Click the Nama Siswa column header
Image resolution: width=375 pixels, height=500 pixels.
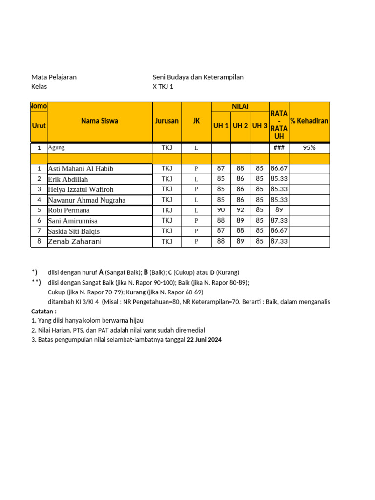point(100,121)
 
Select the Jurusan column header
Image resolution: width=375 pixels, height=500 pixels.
point(167,121)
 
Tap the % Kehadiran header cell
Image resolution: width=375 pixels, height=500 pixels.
point(309,121)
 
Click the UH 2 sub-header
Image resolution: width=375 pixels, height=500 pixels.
point(240,126)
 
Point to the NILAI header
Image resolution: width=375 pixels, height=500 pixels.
point(240,106)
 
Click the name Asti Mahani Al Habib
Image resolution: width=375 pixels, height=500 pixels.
point(81,169)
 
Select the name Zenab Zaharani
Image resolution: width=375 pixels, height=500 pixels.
point(75,242)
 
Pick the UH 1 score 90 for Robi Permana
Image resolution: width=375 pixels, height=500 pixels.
point(221,210)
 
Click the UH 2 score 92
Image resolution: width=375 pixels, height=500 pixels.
point(240,210)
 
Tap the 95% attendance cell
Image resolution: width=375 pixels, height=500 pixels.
point(309,148)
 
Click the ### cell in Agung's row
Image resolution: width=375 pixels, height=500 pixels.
point(279,148)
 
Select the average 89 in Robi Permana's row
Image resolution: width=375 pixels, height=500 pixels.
point(279,210)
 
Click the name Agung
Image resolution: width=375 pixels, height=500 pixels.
point(56,147)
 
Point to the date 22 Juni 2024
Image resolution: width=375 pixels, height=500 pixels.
point(204,340)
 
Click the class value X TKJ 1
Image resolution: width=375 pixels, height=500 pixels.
point(163,87)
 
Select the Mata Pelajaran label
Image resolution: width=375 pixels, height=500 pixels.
point(54,77)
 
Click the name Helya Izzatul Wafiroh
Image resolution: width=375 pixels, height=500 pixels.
point(81,189)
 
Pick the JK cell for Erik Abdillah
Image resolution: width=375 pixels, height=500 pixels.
point(196,179)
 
